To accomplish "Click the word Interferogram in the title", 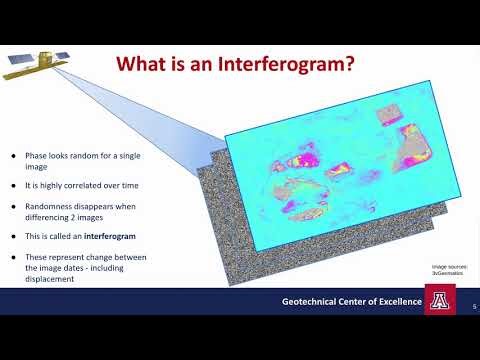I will (289, 64).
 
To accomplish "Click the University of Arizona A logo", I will (439, 301).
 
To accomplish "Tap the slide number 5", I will (473, 309).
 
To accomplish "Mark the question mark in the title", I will (352, 64).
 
